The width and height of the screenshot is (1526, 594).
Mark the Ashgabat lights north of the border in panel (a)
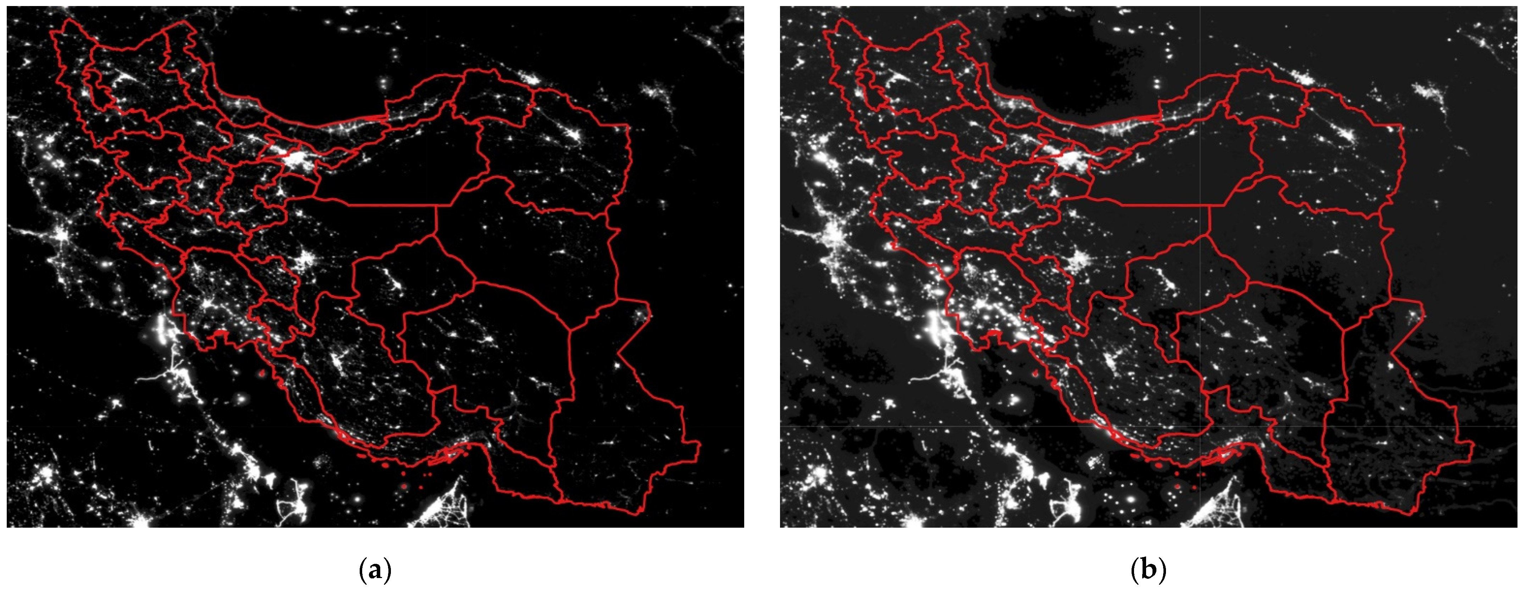[x=529, y=79]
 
